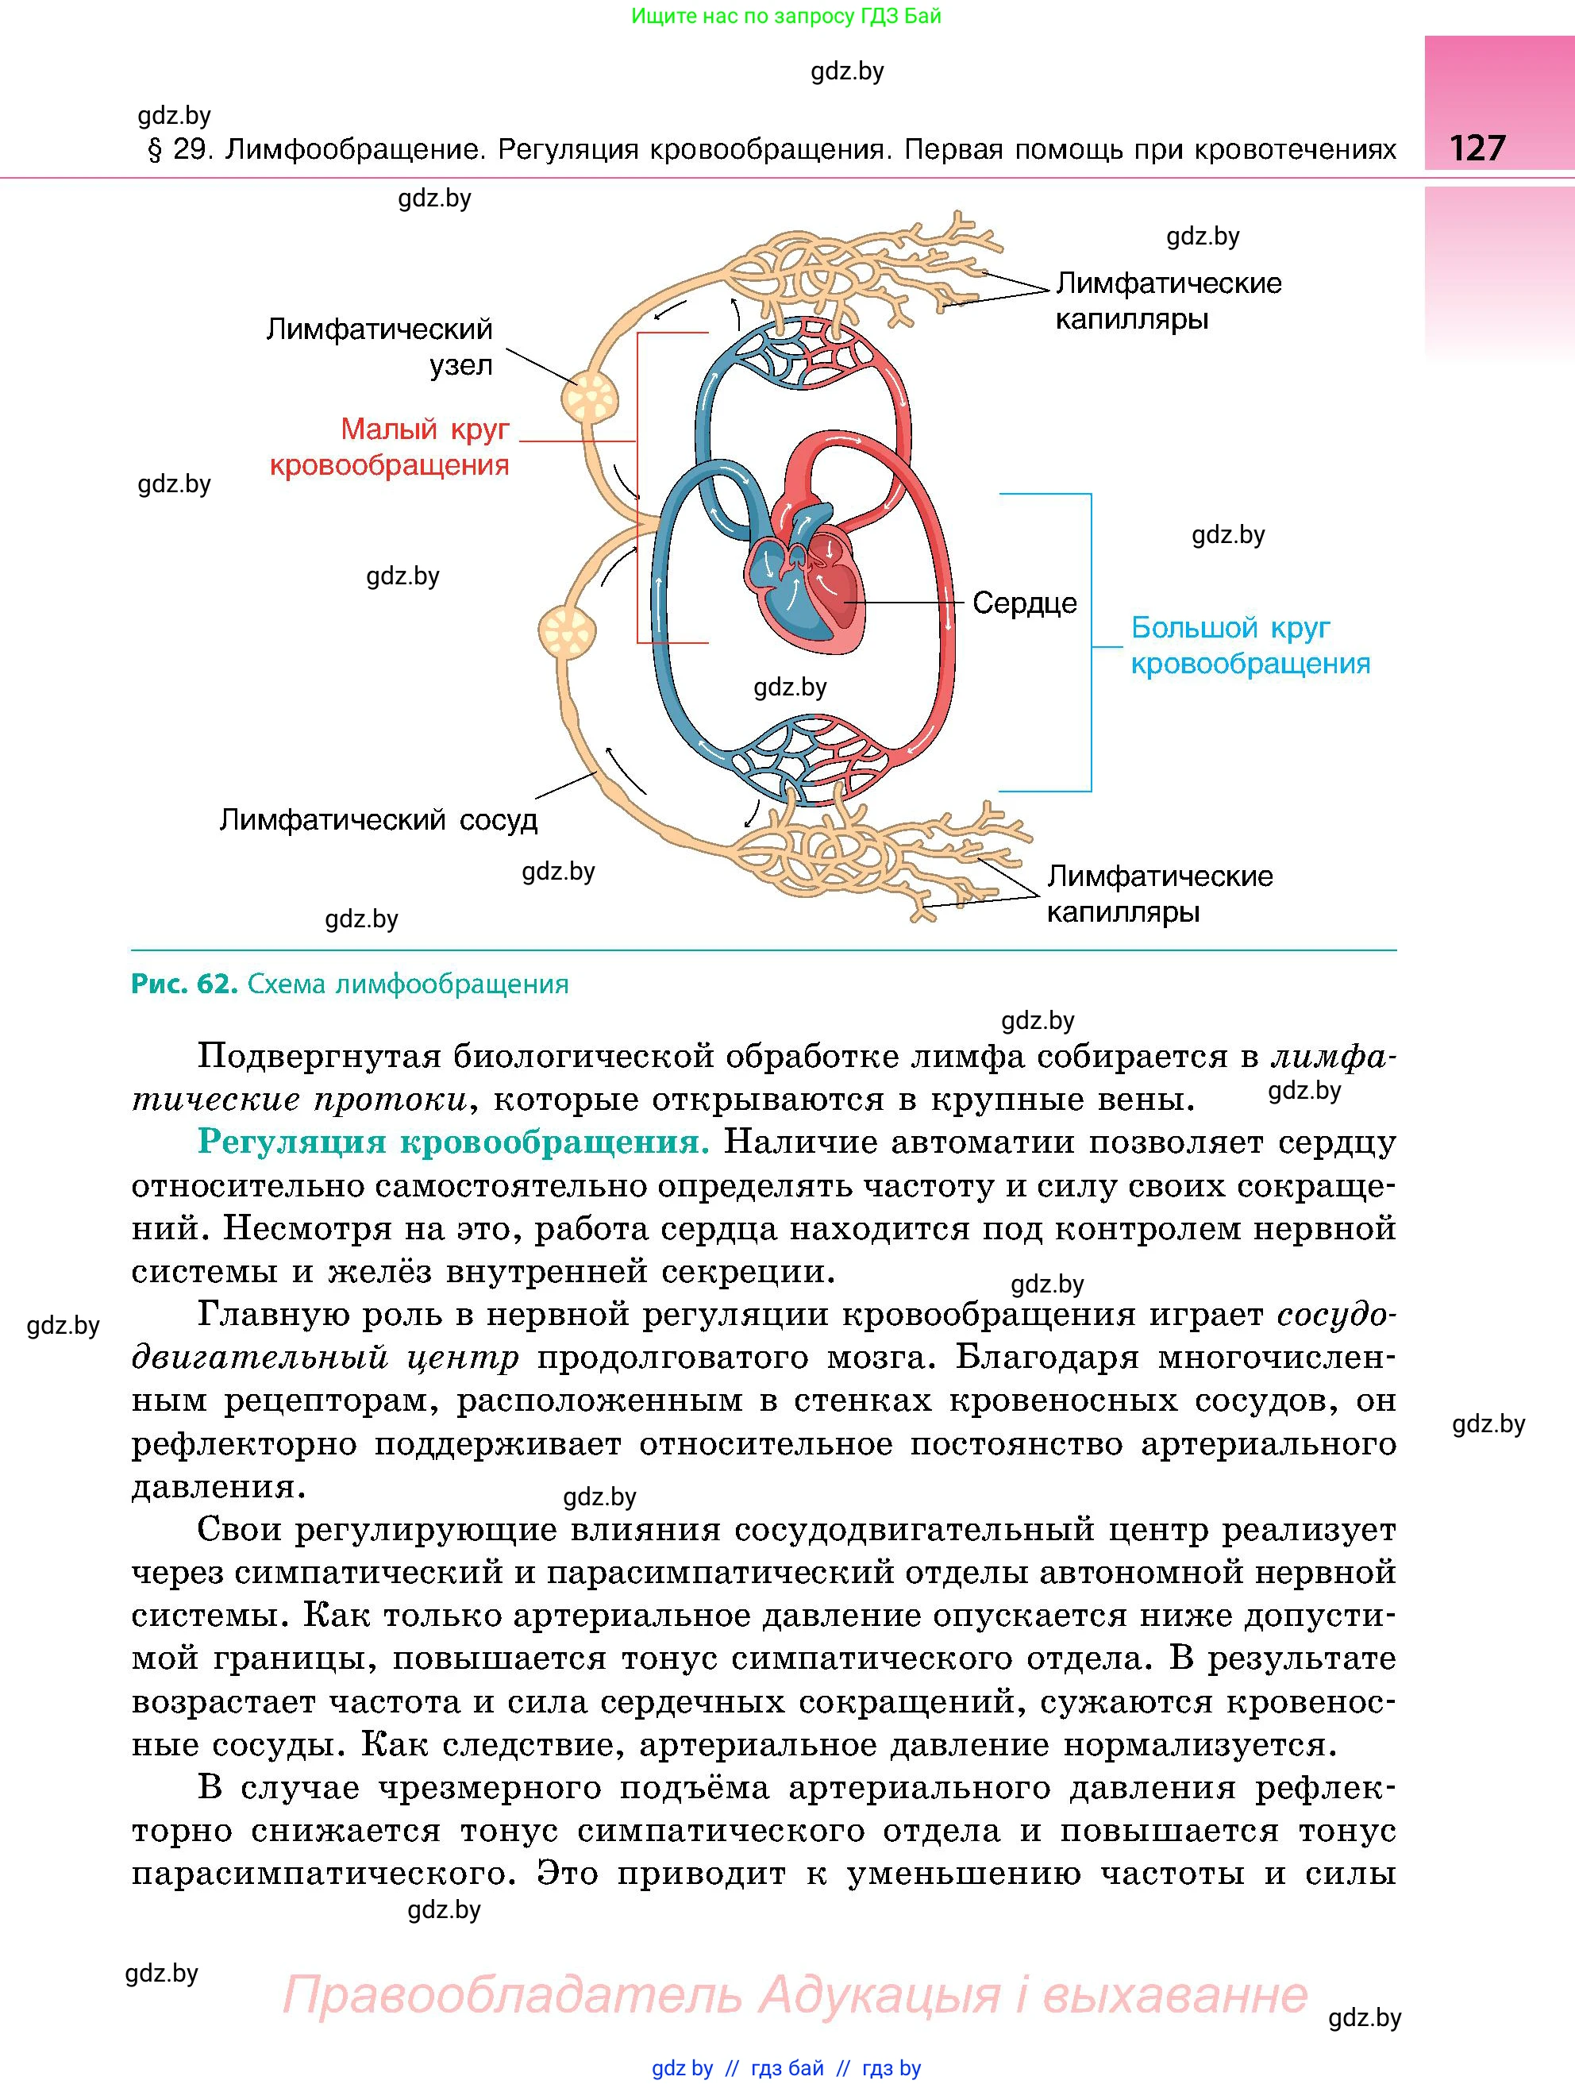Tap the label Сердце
tap(1024, 603)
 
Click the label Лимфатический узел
tap(379, 346)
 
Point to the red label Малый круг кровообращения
tap(390, 446)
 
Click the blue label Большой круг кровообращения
tap(1250, 645)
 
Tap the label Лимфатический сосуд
tap(379, 819)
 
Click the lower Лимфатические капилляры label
tap(1160, 894)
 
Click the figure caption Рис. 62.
tap(184, 984)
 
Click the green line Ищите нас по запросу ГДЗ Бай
tap(786, 16)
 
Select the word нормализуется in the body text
tap(1200, 1745)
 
